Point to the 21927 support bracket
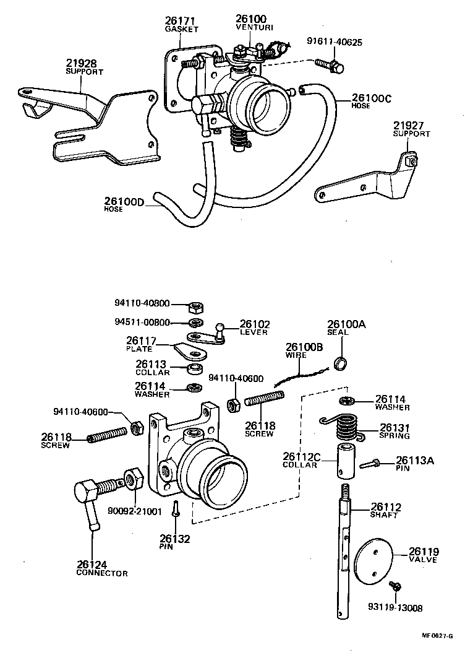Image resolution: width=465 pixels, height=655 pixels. [365, 181]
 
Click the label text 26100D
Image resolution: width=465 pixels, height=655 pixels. [124, 201]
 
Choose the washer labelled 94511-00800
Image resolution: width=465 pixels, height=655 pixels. [194, 323]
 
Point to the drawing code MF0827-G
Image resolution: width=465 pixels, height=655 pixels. [440, 636]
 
